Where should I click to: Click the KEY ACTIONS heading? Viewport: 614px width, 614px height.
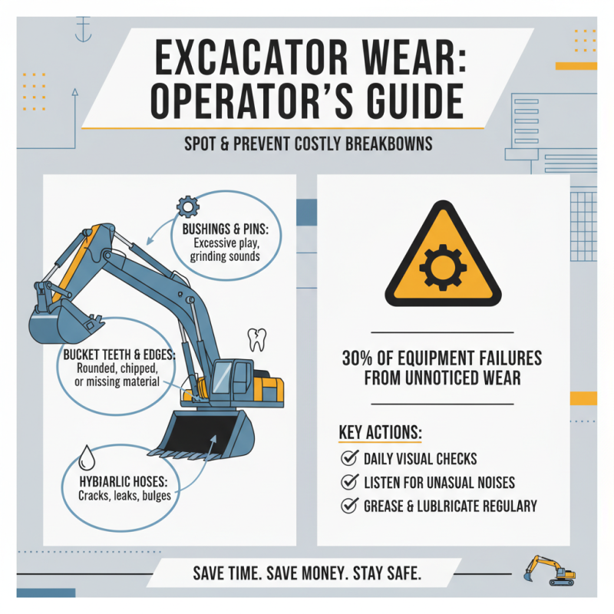pos(380,432)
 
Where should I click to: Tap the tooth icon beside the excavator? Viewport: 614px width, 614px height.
pos(256,337)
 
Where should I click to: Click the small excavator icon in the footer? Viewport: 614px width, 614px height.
pos(548,569)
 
